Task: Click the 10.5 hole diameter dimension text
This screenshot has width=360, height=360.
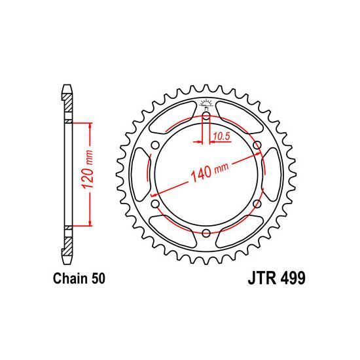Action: pos(221,136)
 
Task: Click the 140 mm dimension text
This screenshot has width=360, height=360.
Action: pos(209,171)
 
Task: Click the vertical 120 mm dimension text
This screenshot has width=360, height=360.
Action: pos(88,170)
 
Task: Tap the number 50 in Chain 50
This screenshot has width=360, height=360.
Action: pos(98,278)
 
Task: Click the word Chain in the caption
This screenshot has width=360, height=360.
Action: pos(70,278)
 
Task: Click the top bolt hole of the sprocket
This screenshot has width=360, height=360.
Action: pos(206,116)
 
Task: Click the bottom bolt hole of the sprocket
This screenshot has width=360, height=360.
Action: pos(206,233)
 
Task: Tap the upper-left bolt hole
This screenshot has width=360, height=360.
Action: pos(155,145)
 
